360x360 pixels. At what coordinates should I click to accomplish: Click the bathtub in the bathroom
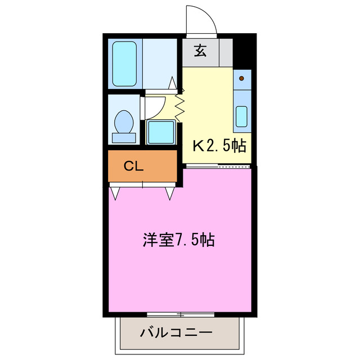(124, 63)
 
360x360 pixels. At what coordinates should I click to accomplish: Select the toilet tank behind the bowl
(124, 137)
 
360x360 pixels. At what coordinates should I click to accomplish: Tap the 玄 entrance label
(200, 51)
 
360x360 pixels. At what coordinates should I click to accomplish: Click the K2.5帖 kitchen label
(219, 146)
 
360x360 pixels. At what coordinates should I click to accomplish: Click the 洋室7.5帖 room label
(178, 240)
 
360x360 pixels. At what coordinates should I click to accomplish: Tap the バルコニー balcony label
(176, 331)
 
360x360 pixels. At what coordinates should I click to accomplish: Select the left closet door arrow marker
(116, 193)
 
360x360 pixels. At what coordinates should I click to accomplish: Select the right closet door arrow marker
(170, 193)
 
